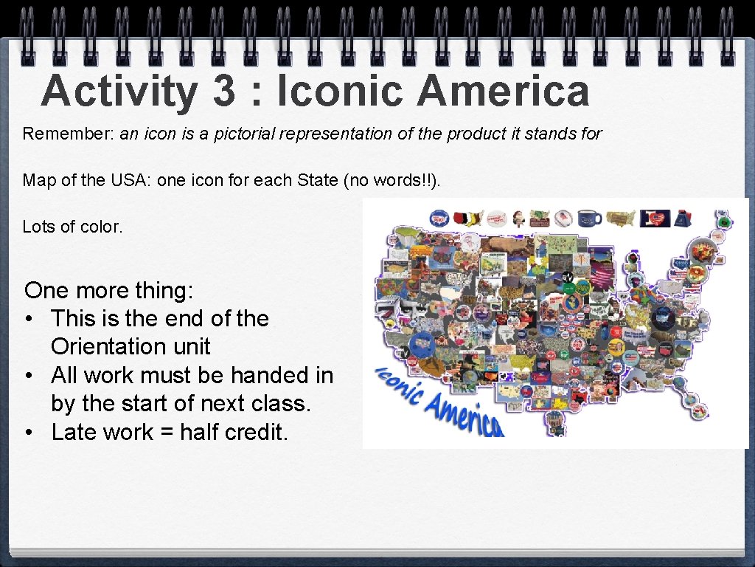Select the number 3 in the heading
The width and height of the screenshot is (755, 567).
pyautogui.click(x=222, y=92)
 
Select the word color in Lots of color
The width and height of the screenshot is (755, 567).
pyautogui.click(x=104, y=227)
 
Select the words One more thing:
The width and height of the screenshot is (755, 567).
pyautogui.click(x=109, y=290)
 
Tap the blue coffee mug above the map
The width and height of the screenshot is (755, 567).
pyautogui.click(x=589, y=218)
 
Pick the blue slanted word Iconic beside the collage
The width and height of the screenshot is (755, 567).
pyautogui.click(x=395, y=383)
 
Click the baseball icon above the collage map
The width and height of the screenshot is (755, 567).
pyautogui.click(x=563, y=218)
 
